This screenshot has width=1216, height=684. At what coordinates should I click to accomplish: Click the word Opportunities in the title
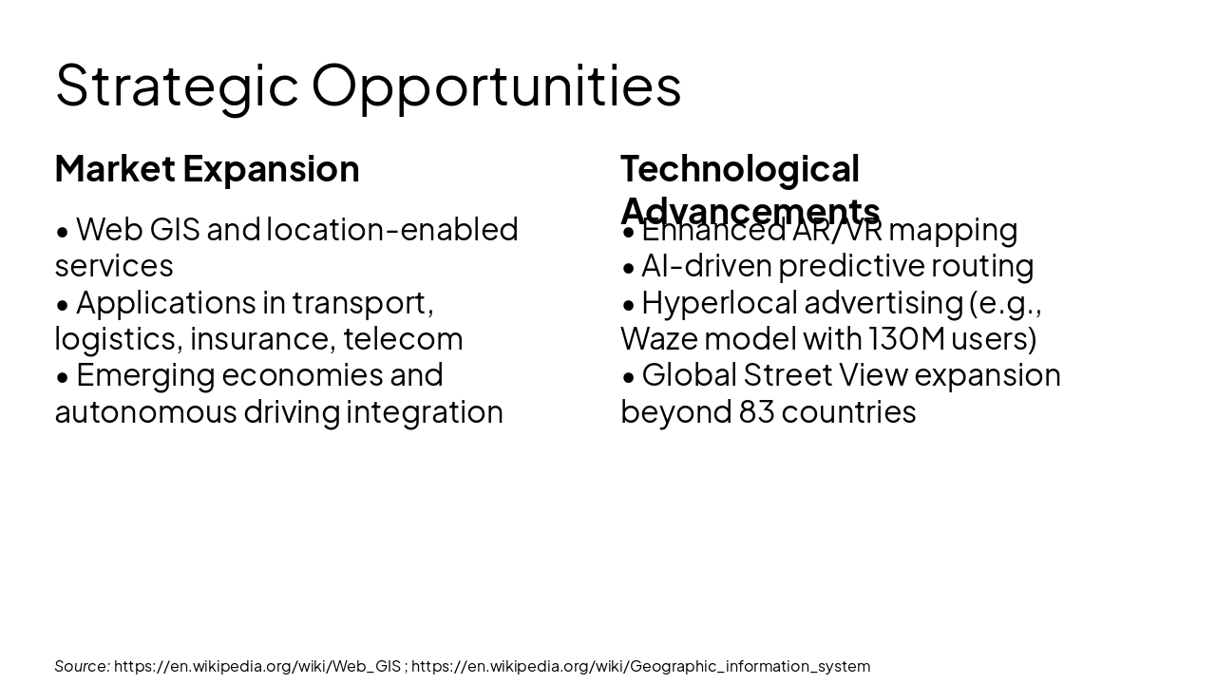(496, 85)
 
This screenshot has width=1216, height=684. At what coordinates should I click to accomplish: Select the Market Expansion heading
(207, 168)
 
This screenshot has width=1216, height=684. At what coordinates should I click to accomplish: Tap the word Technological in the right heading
(739, 168)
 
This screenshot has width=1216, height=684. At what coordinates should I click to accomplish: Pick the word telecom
(403, 338)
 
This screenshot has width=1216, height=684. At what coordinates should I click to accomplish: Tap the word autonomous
(145, 411)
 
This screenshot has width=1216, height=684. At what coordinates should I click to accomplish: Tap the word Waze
(658, 338)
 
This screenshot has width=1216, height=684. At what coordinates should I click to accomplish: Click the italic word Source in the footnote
(82, 666)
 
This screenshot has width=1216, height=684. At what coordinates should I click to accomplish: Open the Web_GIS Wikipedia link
(257, 666)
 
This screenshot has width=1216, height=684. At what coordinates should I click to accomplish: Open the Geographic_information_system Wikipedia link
(640, 666)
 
